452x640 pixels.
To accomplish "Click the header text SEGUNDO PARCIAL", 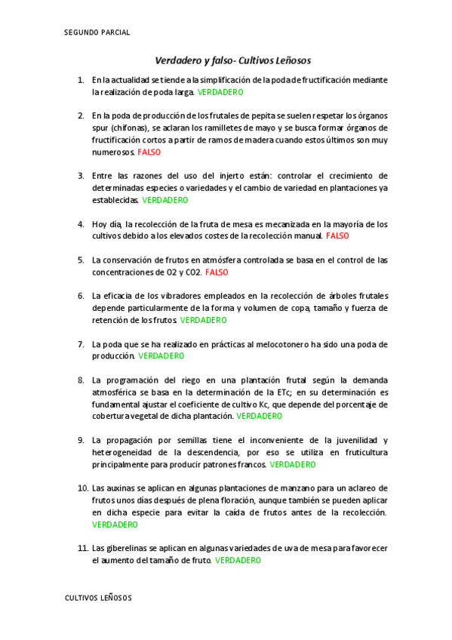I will click(97, 32).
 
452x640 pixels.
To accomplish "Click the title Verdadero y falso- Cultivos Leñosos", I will click(232, 60).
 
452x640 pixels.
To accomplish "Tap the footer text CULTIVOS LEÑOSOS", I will click(98, 598).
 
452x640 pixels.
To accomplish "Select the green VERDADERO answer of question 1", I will click(220, 92).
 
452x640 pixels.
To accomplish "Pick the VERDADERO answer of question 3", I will click(165, 200).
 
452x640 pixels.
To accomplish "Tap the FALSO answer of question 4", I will click(337, 236).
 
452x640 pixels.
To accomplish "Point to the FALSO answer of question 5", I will click(216, 272).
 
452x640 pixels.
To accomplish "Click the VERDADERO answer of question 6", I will click(203, 320).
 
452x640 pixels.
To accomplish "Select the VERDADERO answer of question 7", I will click(161, 355).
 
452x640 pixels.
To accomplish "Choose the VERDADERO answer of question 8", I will click(259, 416).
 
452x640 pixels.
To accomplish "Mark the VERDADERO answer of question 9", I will click(293, 464).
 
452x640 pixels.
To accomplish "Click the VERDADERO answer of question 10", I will click(115, 524).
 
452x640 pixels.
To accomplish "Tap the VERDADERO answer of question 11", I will click(238, 561).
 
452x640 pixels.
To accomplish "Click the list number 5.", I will click(81, 260).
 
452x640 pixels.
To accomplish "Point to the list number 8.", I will click(81, 380).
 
